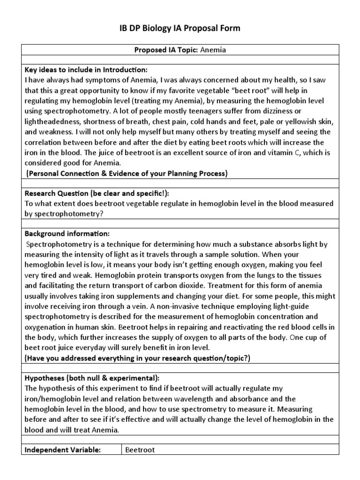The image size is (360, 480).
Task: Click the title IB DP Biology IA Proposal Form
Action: pos(180,29)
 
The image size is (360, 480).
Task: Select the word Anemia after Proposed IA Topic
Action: pos(213,50)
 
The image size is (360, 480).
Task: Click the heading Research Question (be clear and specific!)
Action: pos(97,193)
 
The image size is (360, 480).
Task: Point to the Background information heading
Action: pos(67,233)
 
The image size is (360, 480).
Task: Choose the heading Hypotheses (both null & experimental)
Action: pos(91,378)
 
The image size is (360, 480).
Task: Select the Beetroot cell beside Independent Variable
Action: pos(140,450)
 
